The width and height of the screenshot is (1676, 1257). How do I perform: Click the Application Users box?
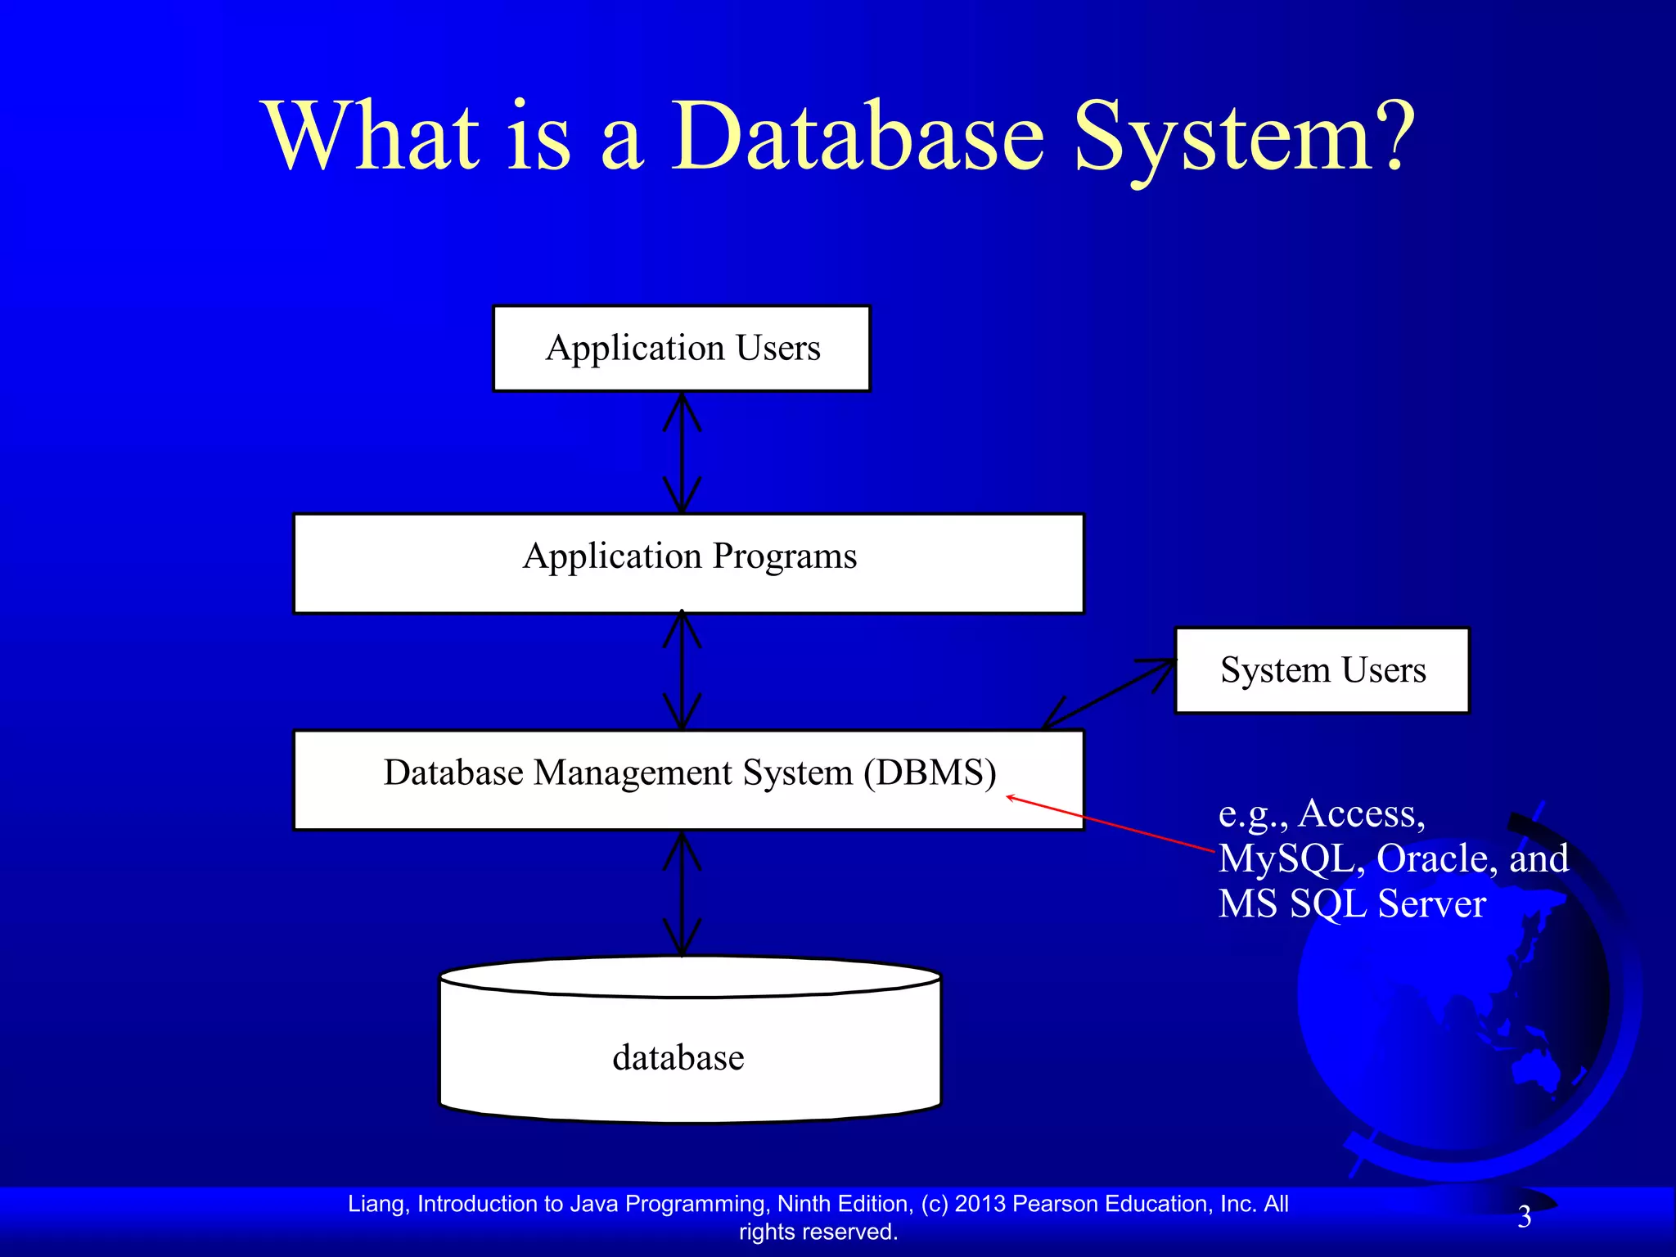click(682, 349)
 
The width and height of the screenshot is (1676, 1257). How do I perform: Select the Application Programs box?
click(688, 562)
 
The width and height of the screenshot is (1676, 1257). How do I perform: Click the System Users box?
click(1322, 670)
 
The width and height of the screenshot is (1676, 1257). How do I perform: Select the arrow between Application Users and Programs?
click(682, 453)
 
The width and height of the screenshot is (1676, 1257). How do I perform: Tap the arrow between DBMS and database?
click(682, 894)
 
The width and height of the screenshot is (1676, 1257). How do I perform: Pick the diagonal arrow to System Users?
click(1109, 694)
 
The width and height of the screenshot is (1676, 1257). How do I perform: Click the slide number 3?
click(1524, 1217)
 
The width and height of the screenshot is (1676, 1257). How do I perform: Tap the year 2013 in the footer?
click(980, 1204)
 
